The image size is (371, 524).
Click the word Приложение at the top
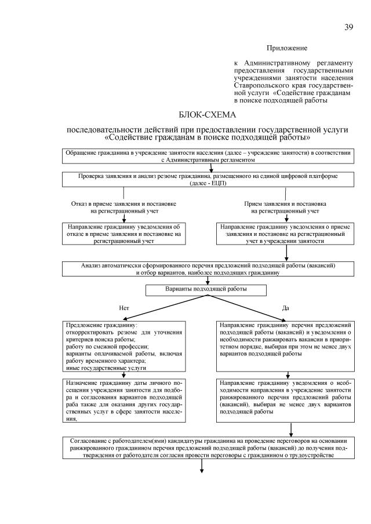tap(286, 48)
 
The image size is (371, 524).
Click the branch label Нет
tap(123, 308)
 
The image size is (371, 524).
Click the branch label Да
tap(285, 308)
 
